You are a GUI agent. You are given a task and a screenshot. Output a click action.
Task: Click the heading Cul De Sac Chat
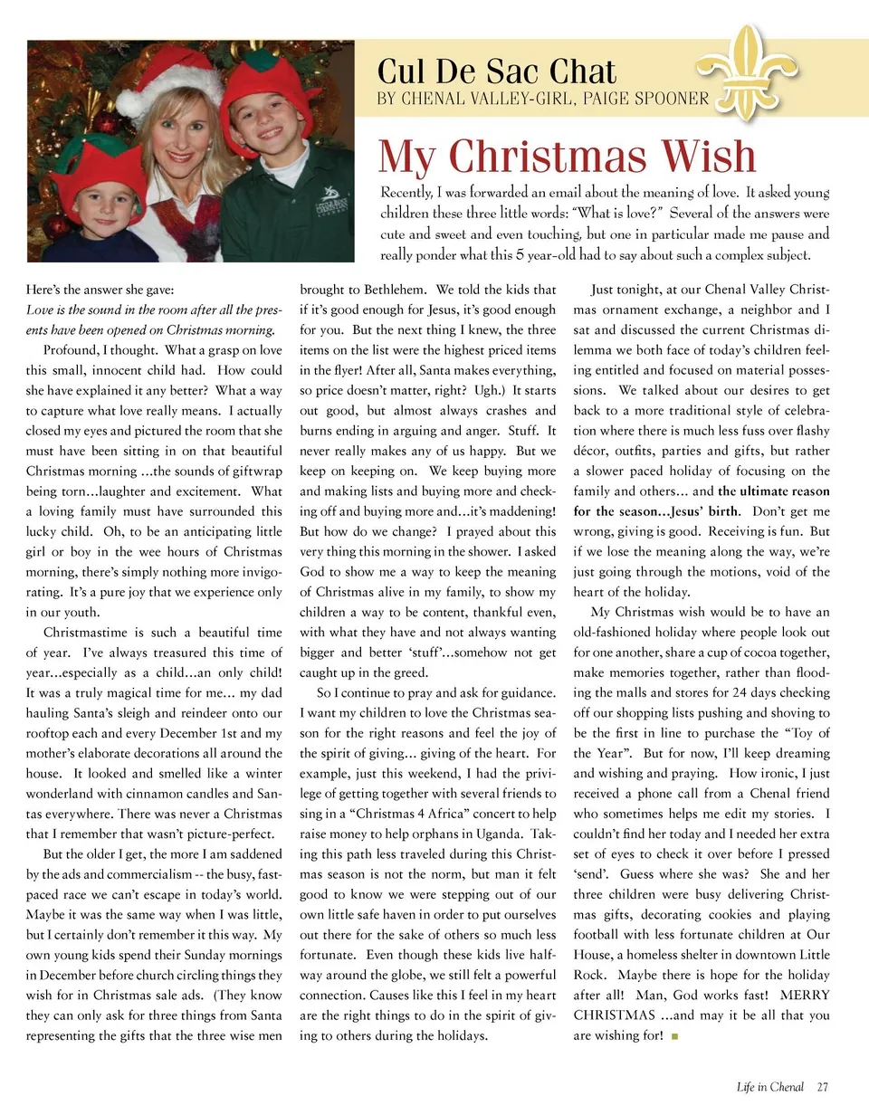pyautogui.click(x=497, y=71)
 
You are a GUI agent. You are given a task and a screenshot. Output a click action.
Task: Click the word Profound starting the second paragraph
pyautogui.click(x=71, y=350)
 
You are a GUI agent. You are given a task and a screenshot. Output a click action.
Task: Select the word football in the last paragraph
pyautogui.click(x=604, y=934)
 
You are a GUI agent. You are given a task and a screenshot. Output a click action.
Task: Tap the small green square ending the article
pyautogui.click(x=675, y=1036)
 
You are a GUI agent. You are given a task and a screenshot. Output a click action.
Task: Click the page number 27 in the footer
pyautogui.click(x=822, y=1087)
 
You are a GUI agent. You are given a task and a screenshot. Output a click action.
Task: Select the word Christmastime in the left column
pyautogui.click(x=86, y=632)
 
